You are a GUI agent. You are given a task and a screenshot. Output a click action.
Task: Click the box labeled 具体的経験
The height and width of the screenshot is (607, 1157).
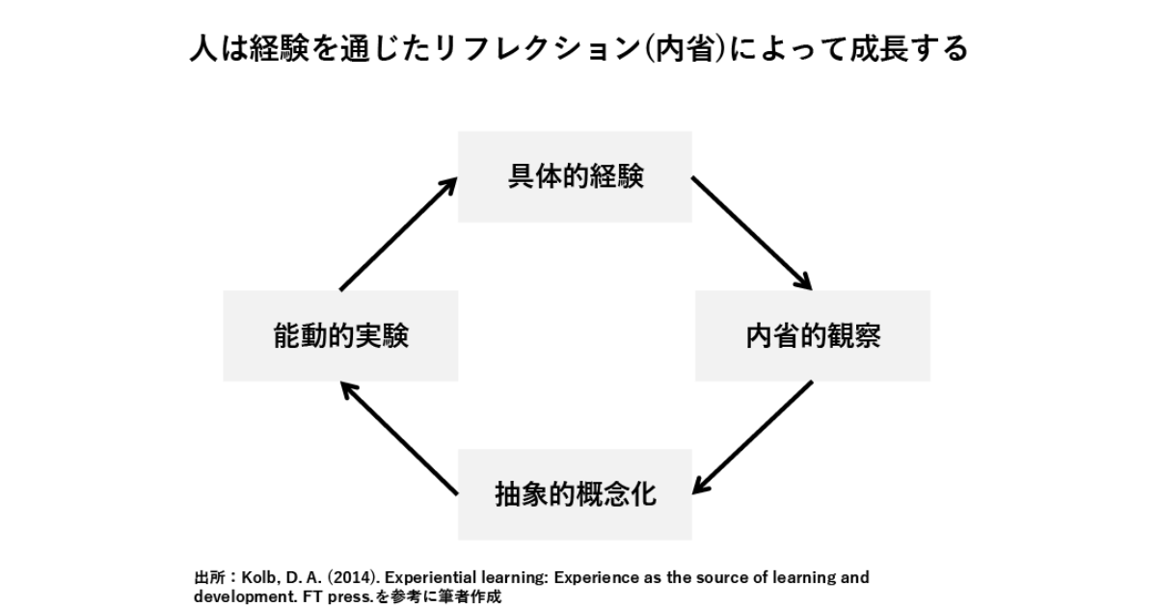[575, 177]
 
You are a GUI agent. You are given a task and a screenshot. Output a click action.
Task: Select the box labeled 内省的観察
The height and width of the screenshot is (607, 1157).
[813, 336]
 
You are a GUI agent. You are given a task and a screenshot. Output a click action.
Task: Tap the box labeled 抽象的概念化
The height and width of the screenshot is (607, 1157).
[575, 494]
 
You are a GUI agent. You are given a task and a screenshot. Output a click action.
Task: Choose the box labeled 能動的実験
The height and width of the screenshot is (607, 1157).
[340, 336]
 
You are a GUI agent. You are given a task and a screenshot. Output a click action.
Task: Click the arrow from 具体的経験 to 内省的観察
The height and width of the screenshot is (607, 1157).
[752, 232]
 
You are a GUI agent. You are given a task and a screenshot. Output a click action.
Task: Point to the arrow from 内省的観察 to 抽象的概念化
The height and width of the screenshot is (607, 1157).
[752, 436]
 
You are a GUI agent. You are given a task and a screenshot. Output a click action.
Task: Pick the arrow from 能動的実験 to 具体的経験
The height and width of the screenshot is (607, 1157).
[397, 233]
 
